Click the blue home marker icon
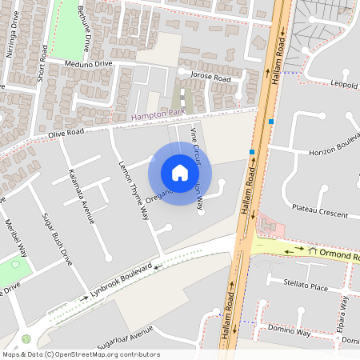(x=180, y=173)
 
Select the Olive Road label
(x=65, y=130)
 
